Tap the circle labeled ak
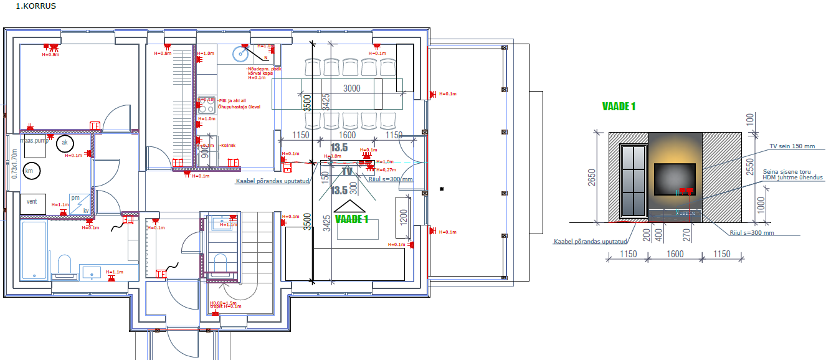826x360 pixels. click(64, 144)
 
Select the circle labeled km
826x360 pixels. click(29, 170)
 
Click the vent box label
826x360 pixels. click(31, 202)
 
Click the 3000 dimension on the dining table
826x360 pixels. click(351, 88)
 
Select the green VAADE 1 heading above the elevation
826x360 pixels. click(619, 107)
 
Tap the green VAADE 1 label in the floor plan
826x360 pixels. click(352, 219)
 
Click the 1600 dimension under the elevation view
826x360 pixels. click(675, 254)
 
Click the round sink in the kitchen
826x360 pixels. click(239, 55)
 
